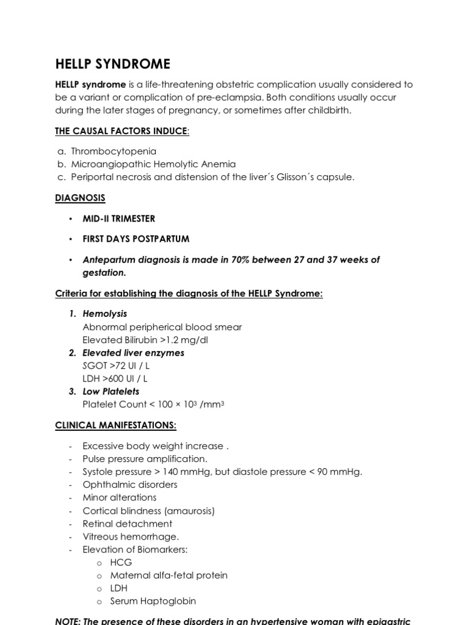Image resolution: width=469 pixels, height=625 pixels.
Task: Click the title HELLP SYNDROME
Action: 113,65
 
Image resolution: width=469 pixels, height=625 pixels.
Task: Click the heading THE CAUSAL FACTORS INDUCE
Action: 122,131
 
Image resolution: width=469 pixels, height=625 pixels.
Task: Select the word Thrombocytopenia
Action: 114,151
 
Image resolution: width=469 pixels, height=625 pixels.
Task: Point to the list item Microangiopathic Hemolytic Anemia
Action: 153,164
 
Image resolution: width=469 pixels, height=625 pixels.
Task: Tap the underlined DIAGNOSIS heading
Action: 80,198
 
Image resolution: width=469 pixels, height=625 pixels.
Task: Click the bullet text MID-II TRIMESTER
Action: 119,219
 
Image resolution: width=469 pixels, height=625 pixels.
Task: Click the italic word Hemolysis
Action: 105,314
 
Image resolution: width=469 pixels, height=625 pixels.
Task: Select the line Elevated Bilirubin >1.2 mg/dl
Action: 150,340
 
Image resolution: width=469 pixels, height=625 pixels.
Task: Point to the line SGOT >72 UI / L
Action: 115,366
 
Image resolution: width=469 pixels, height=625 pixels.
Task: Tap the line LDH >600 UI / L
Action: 115,378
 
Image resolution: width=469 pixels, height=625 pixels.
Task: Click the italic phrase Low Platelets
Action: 111,391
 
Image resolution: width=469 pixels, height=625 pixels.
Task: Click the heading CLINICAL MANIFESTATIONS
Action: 116,425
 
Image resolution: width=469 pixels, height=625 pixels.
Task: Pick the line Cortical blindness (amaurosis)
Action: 149,511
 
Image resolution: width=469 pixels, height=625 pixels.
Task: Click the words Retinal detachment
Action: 128,524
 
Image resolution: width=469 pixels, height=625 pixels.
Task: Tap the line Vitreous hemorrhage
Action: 131,536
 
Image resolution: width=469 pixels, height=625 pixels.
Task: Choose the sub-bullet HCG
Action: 121,562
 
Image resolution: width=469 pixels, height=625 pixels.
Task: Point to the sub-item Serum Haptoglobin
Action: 153,601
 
